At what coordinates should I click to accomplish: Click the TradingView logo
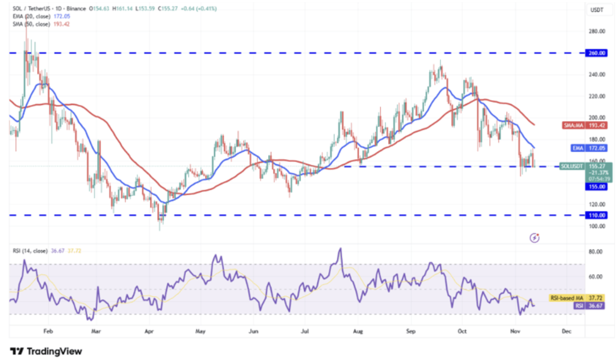point(46,351)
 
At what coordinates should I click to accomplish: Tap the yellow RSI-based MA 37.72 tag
point(578,298)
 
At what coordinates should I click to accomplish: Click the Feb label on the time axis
point(48,331)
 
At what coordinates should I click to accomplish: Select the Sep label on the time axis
point(411,331)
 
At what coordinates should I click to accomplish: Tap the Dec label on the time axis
point(566,331)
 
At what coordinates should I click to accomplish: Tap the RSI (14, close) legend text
point(30,251)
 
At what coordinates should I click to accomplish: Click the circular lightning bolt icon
point(534,238)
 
